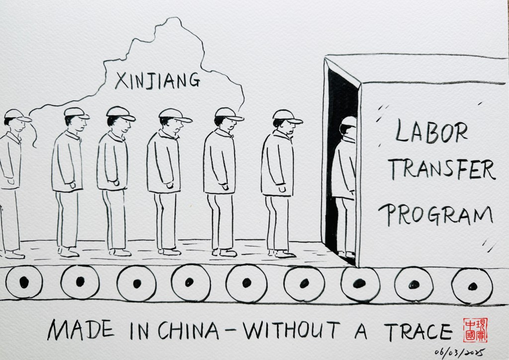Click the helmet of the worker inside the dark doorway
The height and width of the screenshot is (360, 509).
[349, 121]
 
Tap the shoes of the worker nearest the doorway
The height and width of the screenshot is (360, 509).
[283, 254]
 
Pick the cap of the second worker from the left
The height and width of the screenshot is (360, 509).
[76, 113]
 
